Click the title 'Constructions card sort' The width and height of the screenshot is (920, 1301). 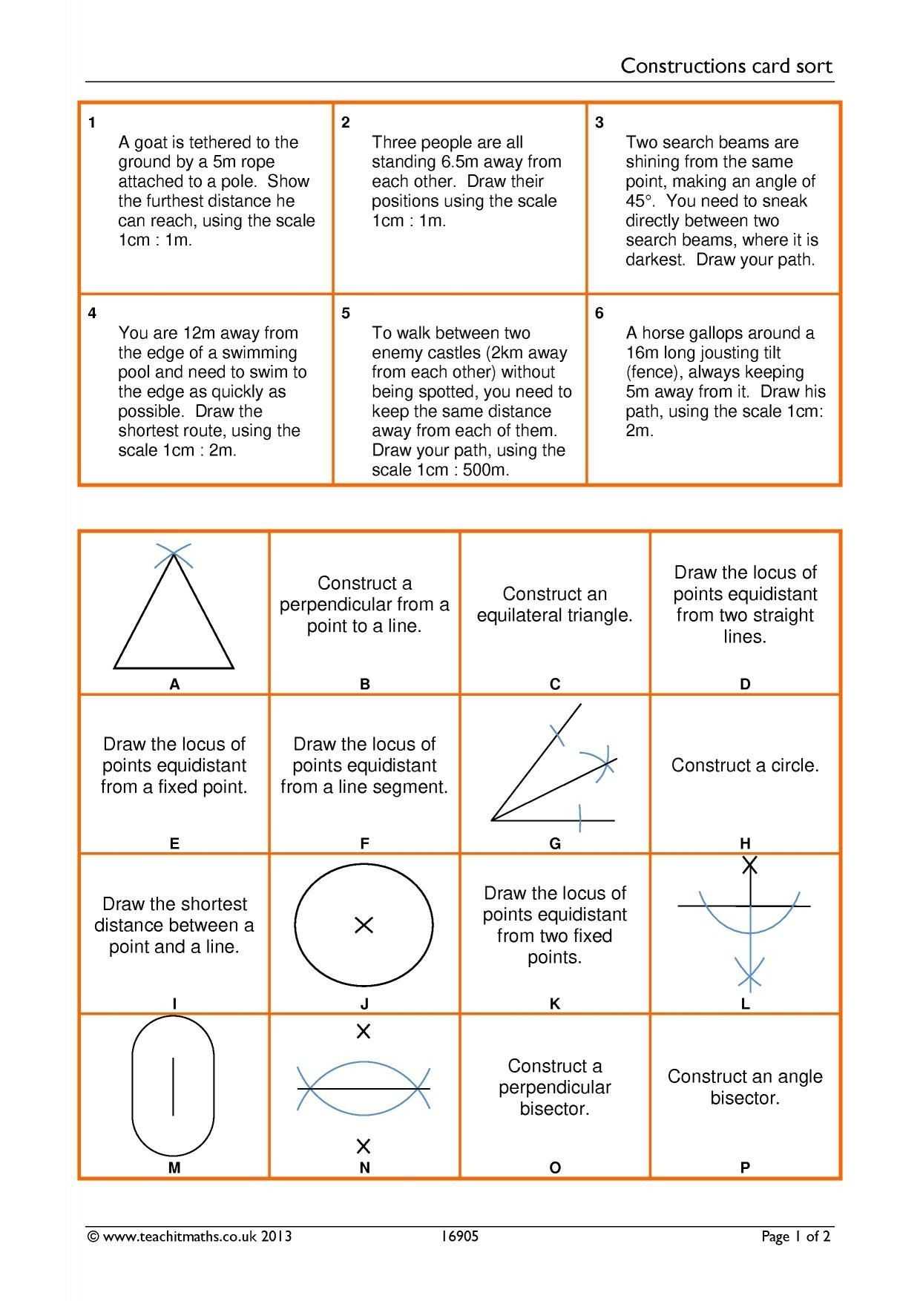(726, 66)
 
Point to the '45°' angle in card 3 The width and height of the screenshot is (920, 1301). (640, 201)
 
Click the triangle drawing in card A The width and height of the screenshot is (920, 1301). (174, 616)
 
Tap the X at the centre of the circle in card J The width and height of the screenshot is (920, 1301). (364, 925)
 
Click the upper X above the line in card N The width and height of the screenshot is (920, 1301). (364, 1031)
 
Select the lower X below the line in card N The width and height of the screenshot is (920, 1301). (364, 1147)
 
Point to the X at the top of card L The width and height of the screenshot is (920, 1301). (750, 865)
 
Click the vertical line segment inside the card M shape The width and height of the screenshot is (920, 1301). (174, 1086)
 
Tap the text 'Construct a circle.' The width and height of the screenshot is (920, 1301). (745, 765)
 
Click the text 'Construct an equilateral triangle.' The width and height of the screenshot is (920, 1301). (554, 605)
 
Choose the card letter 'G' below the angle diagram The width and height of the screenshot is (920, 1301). (555, 843)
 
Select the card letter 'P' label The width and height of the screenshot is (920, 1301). (745, 1167)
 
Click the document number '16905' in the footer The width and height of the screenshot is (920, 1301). (460, 1236)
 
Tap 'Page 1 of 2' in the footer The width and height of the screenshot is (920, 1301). (795, 1236)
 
